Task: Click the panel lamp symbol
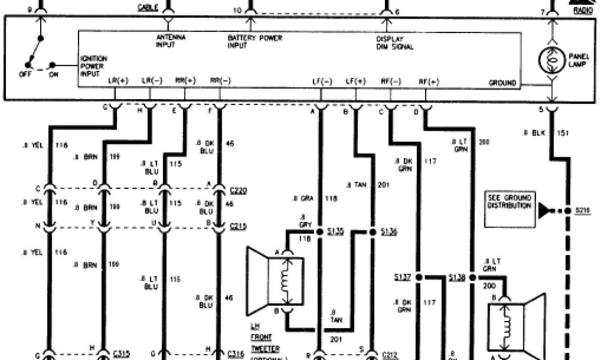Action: point(550,59)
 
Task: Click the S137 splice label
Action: point(402,277)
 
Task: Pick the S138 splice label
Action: point(458,277)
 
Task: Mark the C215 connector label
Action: point(239,227)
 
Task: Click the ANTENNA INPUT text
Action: point(170,41)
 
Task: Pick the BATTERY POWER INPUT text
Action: point(254,41)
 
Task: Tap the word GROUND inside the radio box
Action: point(502,83)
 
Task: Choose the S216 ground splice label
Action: point(582,210)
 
